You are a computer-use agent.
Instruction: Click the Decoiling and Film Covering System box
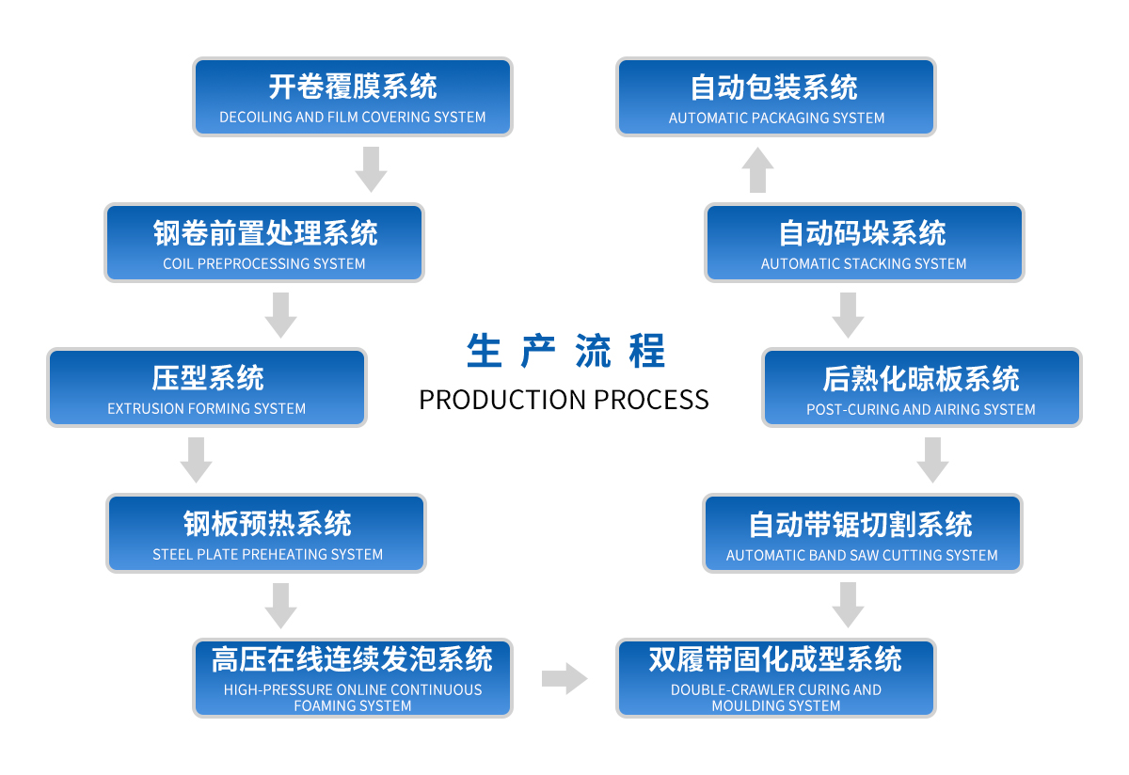[353, 97]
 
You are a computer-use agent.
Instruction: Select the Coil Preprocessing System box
[264, 243]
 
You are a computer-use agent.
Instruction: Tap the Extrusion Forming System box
[207, 387]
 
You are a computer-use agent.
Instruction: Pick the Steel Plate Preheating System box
[267, 533]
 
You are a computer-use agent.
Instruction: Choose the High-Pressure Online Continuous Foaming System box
[353, 678]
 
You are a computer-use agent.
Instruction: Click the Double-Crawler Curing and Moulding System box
[776, 678]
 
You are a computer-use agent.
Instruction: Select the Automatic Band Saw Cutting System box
[862, 533]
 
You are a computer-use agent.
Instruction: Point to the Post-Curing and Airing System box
[921, 387]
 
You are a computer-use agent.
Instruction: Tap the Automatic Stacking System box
[864, 243]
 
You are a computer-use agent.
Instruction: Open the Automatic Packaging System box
[776, 97]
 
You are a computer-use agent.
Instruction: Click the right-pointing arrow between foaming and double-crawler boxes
[564, 678]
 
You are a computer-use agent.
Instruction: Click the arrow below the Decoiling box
[372, 169]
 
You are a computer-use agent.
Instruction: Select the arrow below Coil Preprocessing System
[280, 315]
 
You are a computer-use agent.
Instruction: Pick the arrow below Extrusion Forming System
[196, 460]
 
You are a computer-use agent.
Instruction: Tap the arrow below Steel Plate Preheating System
[280, 605]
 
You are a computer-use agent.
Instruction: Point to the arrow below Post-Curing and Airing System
[932, 460]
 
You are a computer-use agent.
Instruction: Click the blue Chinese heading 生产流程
[565, 351]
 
